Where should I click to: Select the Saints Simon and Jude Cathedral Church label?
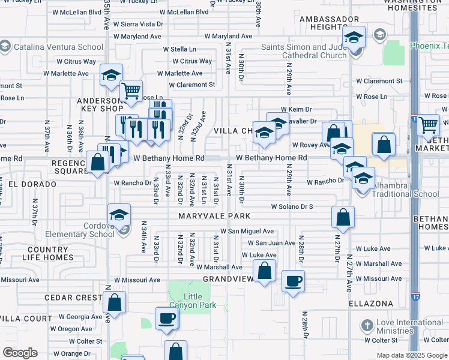point(304,52)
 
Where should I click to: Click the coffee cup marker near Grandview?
point(293,281)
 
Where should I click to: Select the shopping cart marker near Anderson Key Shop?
point(131,91)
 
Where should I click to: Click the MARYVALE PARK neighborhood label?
point(205,215)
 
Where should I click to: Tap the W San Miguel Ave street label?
point(247,231)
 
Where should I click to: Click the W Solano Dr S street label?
point(292,206)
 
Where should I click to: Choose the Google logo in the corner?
point(20,353)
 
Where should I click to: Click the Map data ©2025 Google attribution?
point(411,355)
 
